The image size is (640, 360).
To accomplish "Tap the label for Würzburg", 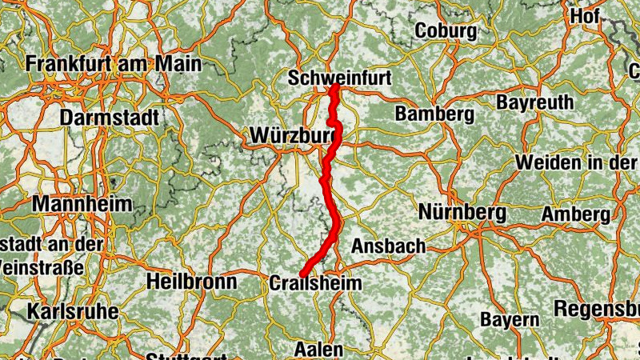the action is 293,135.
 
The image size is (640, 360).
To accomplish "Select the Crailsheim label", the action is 315,283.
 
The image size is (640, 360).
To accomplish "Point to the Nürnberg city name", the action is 462,213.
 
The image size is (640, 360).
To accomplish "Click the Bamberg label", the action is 434,114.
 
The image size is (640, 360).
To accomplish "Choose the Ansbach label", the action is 388,246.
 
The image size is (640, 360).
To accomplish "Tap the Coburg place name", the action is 446,31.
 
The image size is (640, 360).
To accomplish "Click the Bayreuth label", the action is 534,102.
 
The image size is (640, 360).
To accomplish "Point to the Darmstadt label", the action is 109,117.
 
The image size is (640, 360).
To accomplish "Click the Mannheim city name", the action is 82,203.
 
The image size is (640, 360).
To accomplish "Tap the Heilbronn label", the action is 191,282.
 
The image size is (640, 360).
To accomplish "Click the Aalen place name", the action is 318,350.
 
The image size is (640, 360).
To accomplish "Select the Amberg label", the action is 575,214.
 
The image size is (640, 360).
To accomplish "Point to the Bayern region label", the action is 510,319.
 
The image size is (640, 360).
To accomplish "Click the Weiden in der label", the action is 576,162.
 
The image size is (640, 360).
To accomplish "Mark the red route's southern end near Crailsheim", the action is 303,274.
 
